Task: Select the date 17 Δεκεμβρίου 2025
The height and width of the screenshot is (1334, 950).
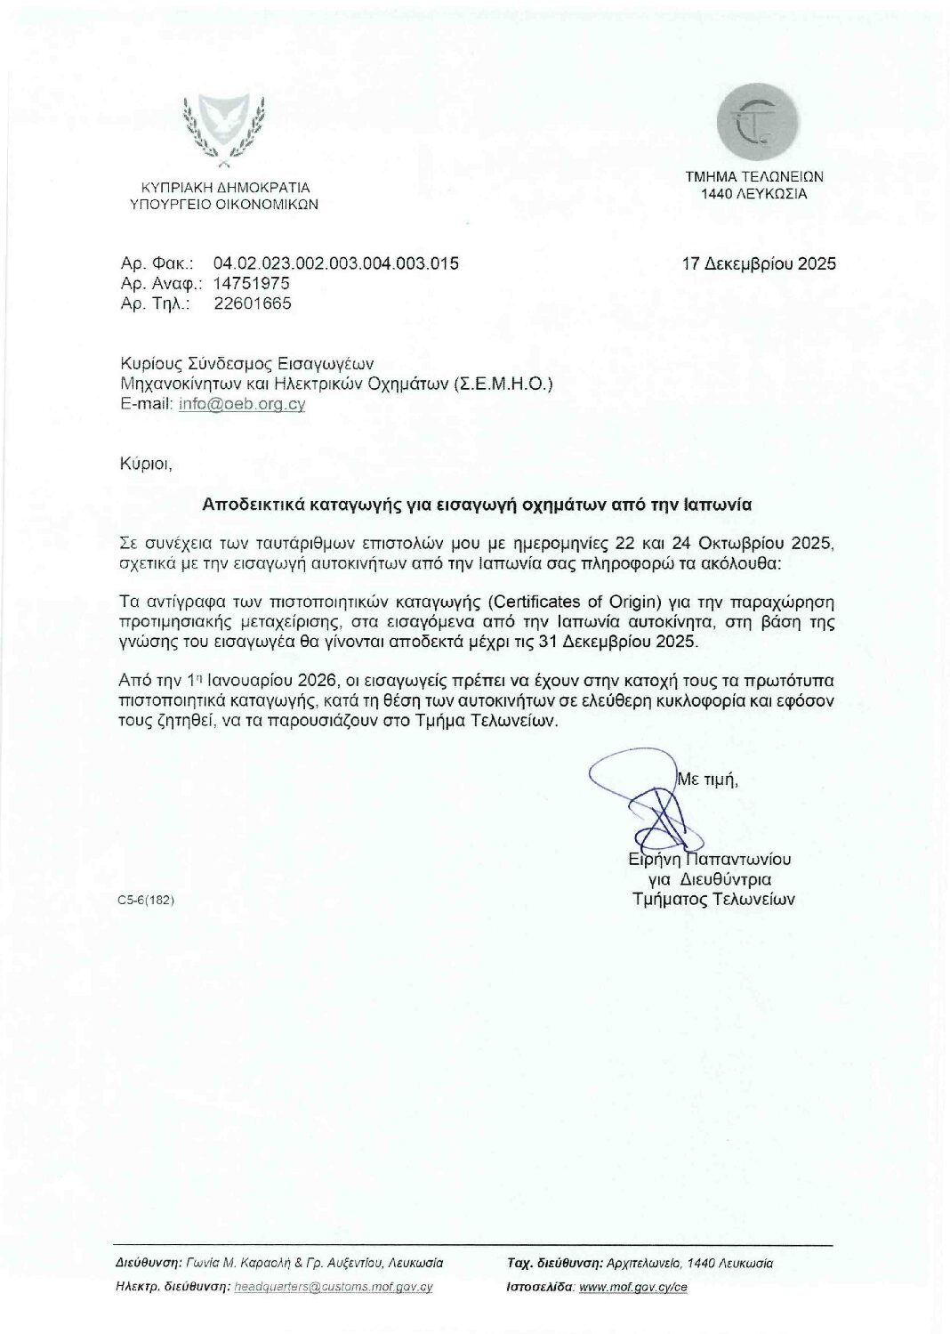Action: [x=759, y=263]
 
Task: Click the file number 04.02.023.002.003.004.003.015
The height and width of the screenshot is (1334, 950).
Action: [x=336, y=263]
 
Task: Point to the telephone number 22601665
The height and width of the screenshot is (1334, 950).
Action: [x=253, y=303]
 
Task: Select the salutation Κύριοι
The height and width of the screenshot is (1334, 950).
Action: [x=144, y=463]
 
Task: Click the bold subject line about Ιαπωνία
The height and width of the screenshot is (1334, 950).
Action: [x=477, y=504]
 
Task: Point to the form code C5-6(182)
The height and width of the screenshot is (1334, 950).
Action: [x=145, y=900]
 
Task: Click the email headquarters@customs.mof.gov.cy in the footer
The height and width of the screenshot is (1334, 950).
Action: [x=332, y=1287]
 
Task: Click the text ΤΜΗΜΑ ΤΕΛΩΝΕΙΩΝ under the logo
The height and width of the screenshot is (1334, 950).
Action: [x=753, y=177]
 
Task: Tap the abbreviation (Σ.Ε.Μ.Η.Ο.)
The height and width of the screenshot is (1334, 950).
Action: [x=503, y=384]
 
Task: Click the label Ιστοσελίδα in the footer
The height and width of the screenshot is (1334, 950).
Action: [x=539, y=1287]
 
